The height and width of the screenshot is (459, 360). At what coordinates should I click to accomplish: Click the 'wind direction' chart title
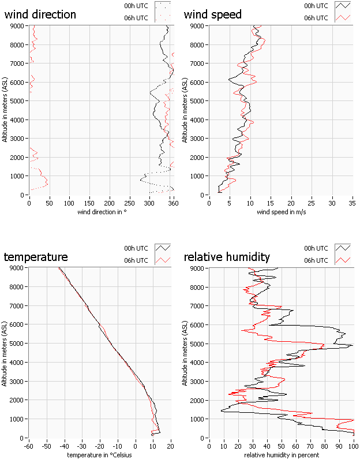pyautogui.click(x=40, y=14)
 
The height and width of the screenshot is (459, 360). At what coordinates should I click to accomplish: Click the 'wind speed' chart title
pyautogui.click(x=213, y=14)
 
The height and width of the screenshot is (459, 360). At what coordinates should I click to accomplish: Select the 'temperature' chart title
pyautogui.click(x=36, y=257)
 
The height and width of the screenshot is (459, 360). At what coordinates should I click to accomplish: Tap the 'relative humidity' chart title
pyautogui.click(x=227, y=257)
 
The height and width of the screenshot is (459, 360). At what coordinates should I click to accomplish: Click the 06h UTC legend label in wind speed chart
pyautogui.click(x=316, y=18)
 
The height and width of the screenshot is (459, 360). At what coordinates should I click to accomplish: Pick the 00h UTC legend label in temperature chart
pyautogui.click(x=136, y=249)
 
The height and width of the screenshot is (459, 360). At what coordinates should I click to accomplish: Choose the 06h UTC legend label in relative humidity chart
pyautogui.click(x=316, y=260)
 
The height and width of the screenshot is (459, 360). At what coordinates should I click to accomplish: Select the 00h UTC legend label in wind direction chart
pyautogui.click(x=136, y=6)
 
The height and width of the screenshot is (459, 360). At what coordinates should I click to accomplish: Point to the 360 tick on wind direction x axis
pyautogui.click(x=172, y=203)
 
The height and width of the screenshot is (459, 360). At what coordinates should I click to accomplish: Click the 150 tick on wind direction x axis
pyautogui.click(x=89, y=203)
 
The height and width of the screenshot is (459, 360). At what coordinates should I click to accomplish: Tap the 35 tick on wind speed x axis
pyautogui.click(x=352, y=203)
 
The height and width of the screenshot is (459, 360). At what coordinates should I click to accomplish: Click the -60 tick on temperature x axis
pyautogui.click(x=28, y=446)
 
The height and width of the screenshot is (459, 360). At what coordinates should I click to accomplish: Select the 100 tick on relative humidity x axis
pyautogui.click(x=353, y=446)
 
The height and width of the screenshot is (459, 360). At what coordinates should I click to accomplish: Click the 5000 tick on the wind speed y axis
pyautogui.click(x=197, y=100)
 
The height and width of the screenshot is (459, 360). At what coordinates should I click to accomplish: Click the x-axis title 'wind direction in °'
pyautogui.click(x=102, y=212)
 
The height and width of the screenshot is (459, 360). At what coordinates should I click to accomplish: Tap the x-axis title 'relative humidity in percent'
pyautogui.click(x=281, y=455)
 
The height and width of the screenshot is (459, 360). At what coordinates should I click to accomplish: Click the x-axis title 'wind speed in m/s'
pyautogui.click(x=280, y=212)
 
